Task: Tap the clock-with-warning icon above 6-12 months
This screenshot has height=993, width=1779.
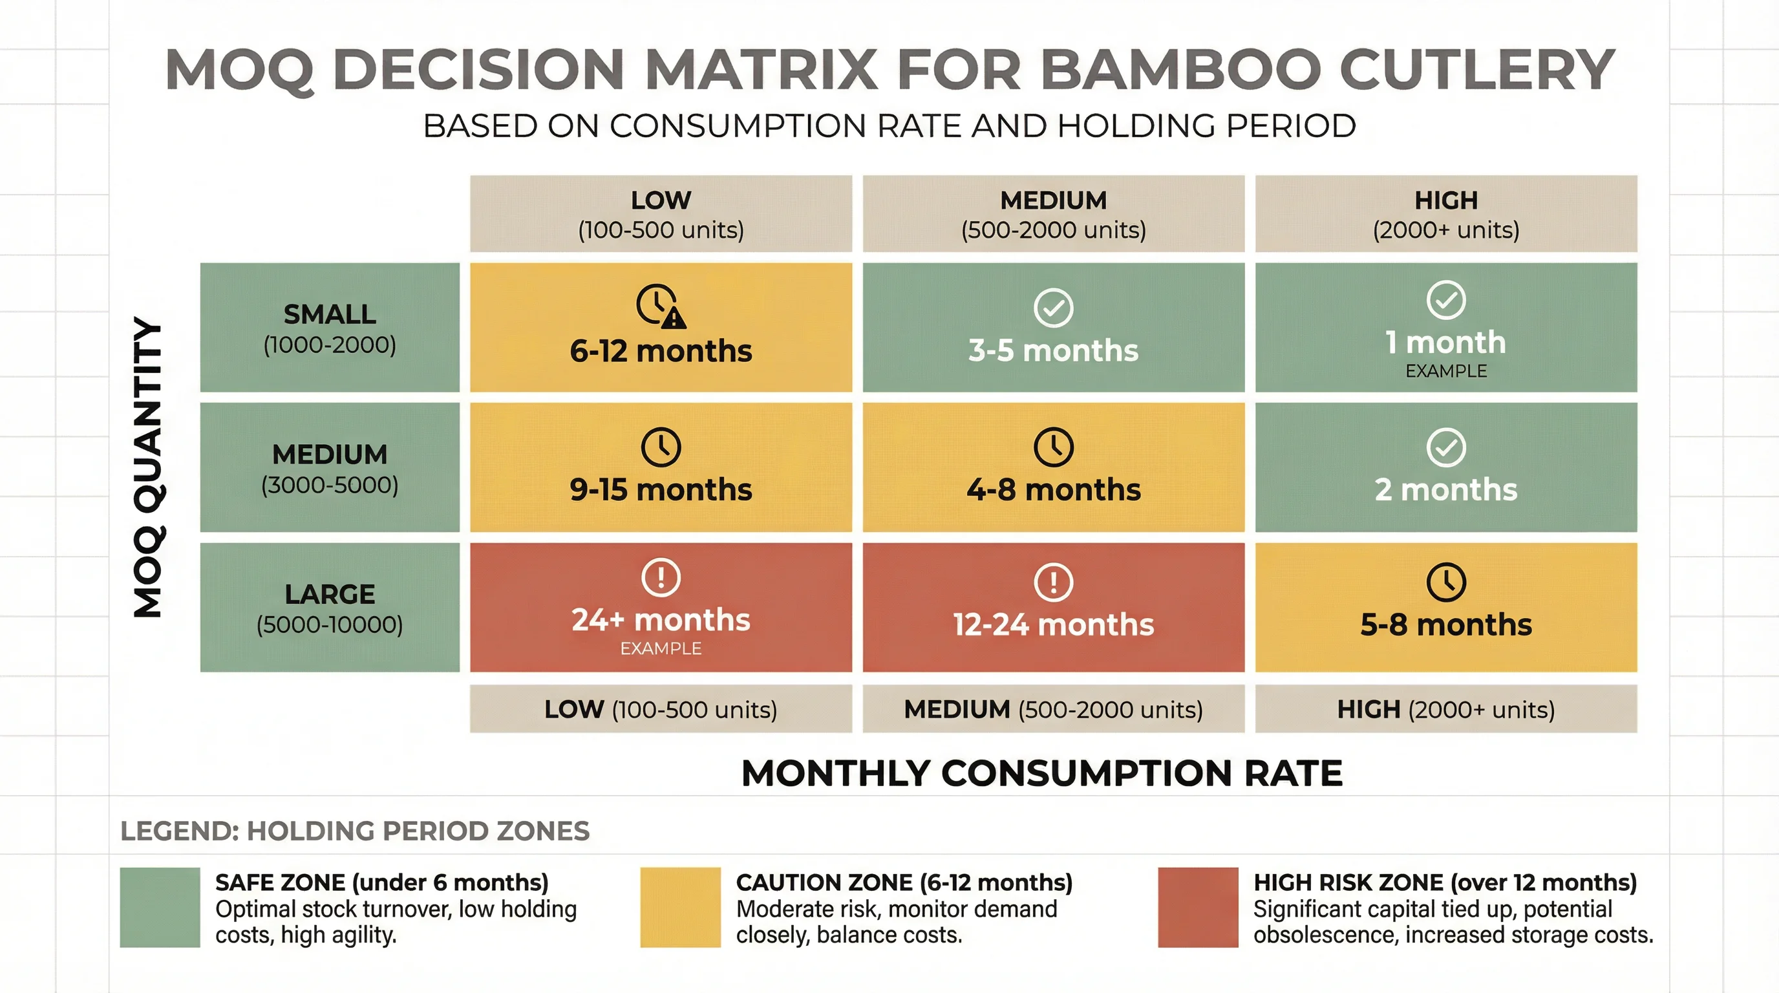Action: (x=660, y=305)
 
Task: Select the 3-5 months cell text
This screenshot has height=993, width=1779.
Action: (x=1053, y=351)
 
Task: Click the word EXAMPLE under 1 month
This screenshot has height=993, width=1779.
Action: (x=1445, y=371)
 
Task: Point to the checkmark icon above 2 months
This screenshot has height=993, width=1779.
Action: (x=1445, y=447)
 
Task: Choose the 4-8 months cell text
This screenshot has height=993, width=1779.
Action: (x=1053, y=489)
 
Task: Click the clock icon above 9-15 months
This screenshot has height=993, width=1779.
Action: (x=661, y=447)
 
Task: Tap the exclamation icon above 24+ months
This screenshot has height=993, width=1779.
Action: (x=661, y=577)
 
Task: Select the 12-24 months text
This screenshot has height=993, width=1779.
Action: (x=1053, y=625)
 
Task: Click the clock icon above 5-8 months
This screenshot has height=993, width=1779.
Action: (x=1445, y=582)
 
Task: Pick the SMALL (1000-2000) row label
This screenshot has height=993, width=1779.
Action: (x=330, y=328)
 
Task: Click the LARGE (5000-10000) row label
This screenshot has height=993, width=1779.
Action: (x=330, y=608)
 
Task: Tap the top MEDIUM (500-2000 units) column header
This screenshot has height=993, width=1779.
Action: (x=1053, y=214)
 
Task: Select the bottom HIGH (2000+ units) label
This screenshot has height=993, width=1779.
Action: (x=1445, y=709)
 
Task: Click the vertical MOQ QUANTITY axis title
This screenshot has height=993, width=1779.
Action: (x=148, y=467)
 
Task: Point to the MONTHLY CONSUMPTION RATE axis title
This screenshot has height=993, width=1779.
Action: (x=1041, y=773)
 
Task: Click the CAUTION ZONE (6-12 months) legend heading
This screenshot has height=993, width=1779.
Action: (x=903, y=882)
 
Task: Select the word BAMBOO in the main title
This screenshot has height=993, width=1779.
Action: (x=1180, y=70)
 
